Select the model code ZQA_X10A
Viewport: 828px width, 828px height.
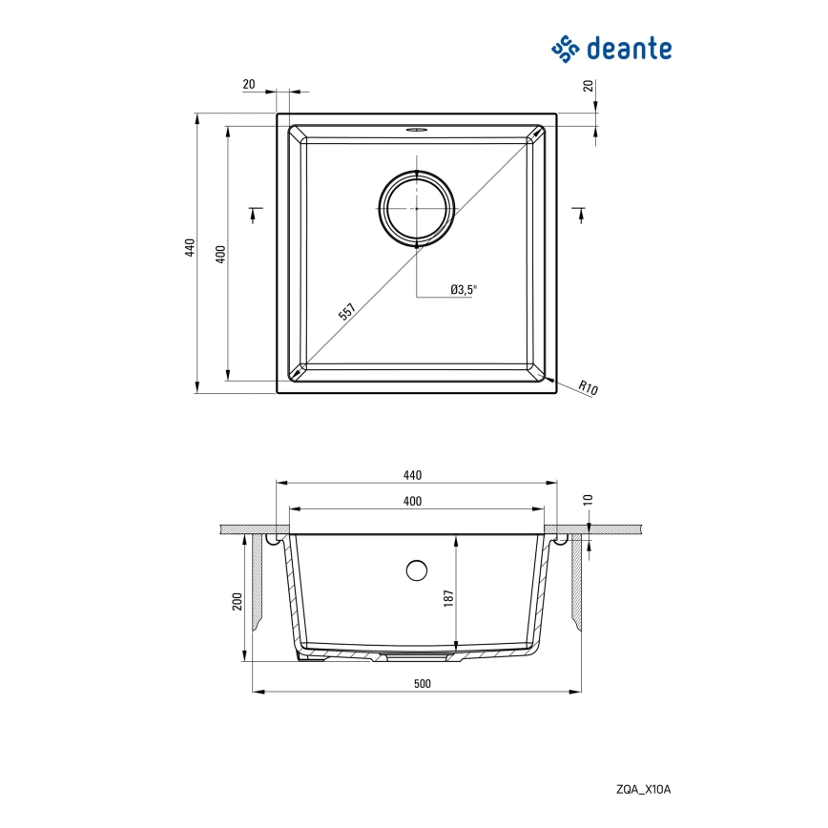(645, 787)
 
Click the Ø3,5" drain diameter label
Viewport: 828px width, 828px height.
(463, 289)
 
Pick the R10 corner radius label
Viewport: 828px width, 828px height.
(588, 388)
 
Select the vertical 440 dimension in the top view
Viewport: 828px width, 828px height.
(190, 248)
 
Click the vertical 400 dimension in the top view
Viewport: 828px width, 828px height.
(220, 254)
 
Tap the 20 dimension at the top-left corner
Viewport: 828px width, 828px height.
(250, 85)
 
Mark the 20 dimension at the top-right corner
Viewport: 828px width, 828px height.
(589, 86)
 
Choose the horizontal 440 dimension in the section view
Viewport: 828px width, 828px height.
(412, 475)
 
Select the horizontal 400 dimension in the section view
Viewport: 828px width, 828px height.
(412, 501)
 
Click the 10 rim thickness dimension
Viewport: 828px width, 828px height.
(589, 499)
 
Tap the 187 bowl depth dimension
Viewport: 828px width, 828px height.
(446, 597)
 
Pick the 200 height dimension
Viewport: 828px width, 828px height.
(237, 601)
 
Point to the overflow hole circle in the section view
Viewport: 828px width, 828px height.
(416, 570)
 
